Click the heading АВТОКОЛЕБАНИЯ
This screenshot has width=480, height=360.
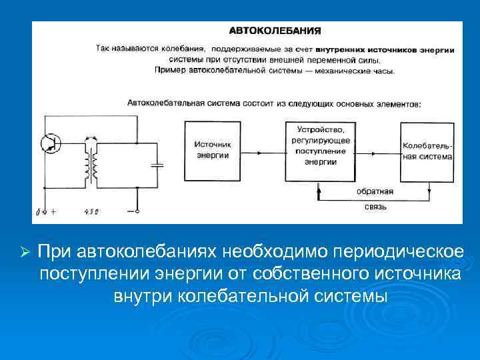[x=275, y=30]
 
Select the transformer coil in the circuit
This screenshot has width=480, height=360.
[x=91, y=163]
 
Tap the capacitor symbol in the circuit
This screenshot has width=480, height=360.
[x=157, y=165]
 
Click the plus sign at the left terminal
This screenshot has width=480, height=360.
[x=53, y=212]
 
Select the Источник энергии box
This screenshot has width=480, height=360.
[x=213, y=151]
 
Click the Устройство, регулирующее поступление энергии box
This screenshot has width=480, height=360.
[x=320, y=151]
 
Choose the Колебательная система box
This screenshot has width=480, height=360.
[x=427, y=151]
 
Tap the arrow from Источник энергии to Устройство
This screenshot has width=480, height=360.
[x=263, y=151]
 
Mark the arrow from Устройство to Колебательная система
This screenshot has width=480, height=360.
[x=376, y=151]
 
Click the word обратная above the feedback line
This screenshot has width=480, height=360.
[x=374, y=191]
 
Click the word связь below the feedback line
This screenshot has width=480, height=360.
[x=375, y=207]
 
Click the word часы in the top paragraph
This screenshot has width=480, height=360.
[x=383, y=70]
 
